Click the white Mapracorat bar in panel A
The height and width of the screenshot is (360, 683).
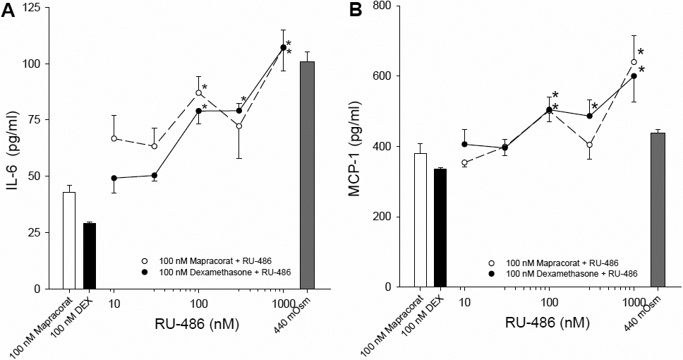point(68,240)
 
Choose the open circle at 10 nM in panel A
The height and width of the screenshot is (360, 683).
point(114,138)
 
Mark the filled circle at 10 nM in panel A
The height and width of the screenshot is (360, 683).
point(114,178)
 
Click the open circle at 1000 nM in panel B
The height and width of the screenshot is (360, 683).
point(634,62)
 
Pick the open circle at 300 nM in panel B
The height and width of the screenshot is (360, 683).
point(589,145)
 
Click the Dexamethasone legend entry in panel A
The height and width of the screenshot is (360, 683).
point(216,271)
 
